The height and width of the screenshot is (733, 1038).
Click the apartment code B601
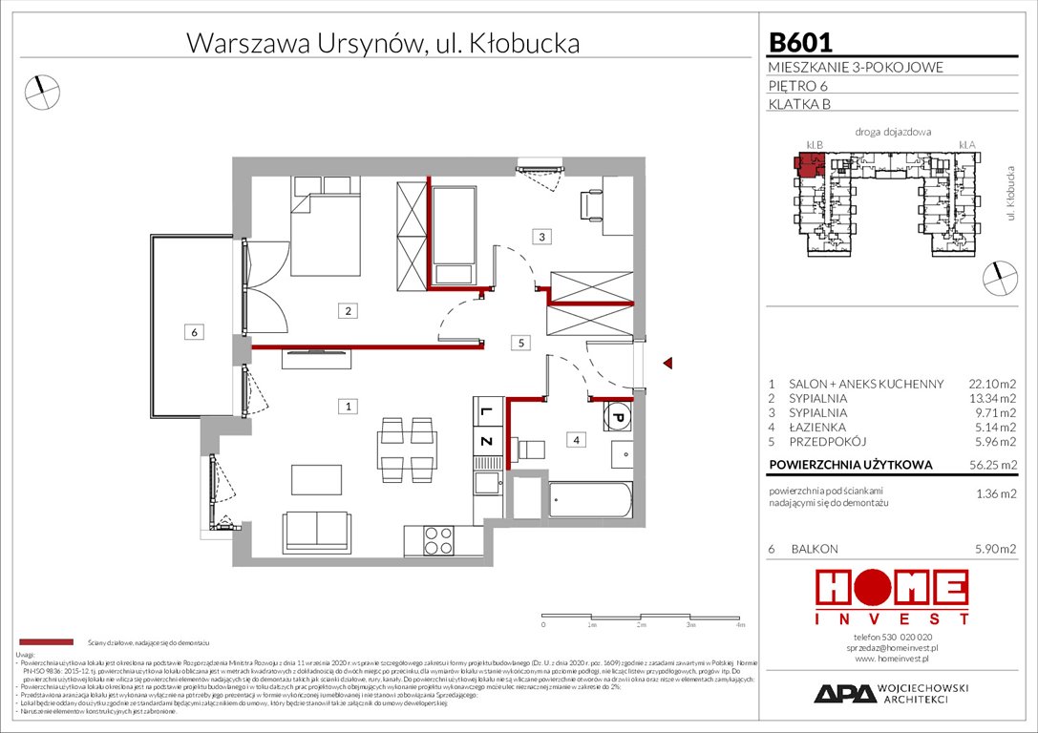click(800, 43)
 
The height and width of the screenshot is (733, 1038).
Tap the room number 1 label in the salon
click(350, 407)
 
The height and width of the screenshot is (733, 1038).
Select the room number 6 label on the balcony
click(194, 332)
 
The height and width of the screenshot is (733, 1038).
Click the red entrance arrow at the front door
click(668, 363)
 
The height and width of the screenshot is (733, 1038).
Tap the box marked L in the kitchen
click(485, 412)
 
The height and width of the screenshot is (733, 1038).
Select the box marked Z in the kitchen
click(485, 442)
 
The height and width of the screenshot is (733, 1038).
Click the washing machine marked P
click(617, 418)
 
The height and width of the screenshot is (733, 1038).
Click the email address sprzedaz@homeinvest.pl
click(892, 647)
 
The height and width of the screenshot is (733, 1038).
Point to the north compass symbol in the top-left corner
click(41, 91)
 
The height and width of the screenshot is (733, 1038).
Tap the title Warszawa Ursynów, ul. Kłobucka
click(382, 43)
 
